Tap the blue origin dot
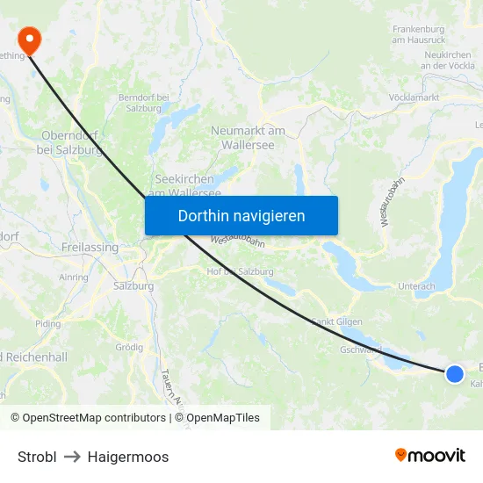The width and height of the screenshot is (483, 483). coord(455,374)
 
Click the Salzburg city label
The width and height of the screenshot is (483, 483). coord(133,286)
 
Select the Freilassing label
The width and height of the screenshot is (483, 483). coord(90,248)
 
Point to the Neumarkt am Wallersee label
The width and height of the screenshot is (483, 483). coord(248,138)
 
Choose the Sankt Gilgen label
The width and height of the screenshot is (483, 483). coord(337,321)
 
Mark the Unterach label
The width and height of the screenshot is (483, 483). coord(416,286)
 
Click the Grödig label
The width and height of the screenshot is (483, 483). coord(129,347)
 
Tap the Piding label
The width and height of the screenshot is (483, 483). coord(47,323)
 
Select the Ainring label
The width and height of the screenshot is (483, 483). coord(73,278)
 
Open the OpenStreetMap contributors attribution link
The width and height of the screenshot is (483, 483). coord(89,418)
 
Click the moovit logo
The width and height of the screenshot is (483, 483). coord(430,456)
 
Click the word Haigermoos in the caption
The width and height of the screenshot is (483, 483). coord(128,457)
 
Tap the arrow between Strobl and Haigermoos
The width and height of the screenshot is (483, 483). coord(72,457)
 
